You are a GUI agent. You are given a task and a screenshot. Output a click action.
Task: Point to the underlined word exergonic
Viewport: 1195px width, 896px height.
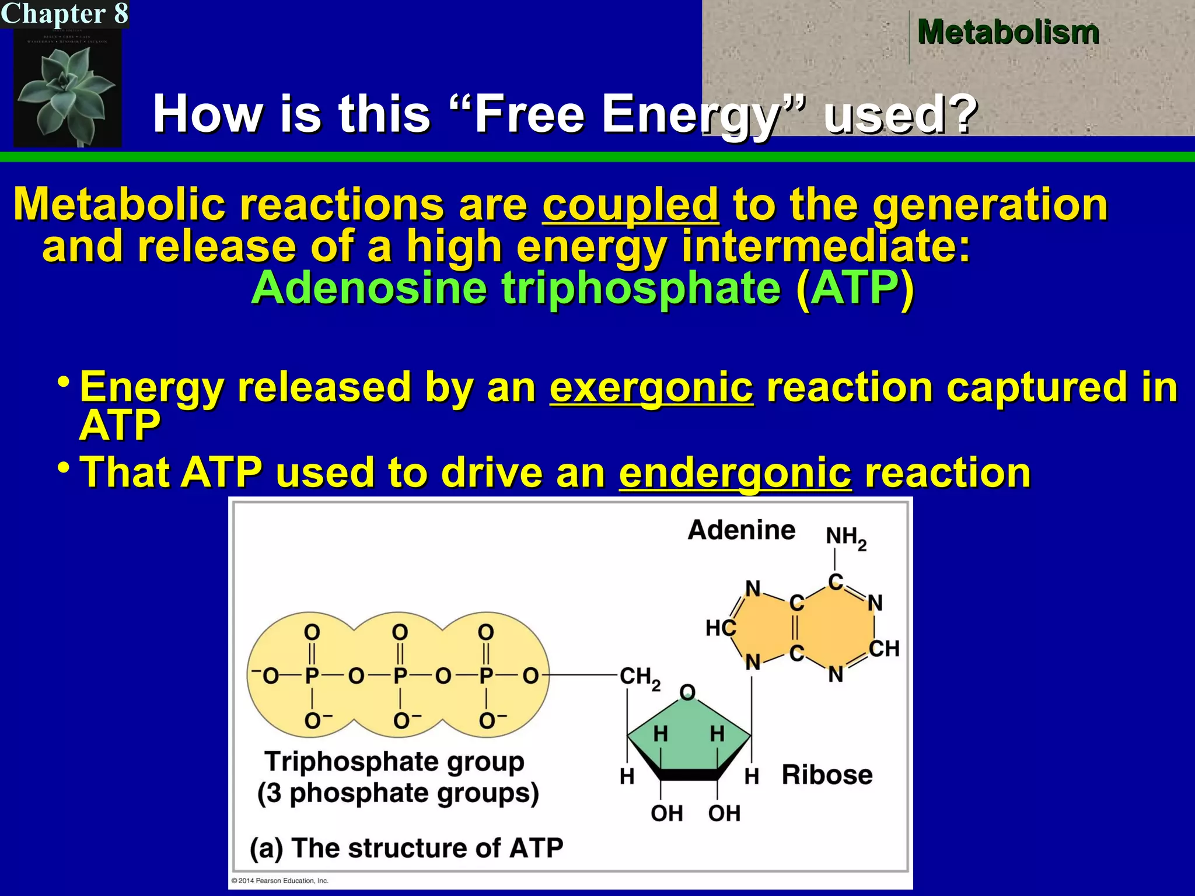(x=651, y=387)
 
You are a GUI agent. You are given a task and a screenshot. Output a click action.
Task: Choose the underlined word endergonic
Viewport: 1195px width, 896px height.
(x=735, y=473)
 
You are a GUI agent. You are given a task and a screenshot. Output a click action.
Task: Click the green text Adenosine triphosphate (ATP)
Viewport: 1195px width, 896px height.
(x=582, y=288)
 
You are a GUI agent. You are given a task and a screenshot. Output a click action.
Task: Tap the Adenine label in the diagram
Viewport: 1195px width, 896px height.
(x=741, y=530)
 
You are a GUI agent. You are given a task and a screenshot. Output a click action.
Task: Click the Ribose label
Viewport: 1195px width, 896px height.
(x=827, y=775)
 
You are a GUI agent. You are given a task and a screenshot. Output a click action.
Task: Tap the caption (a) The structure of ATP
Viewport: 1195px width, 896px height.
(x=407, y=848)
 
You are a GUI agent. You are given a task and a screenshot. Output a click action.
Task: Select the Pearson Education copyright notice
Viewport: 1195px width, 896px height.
(x=280, y=881)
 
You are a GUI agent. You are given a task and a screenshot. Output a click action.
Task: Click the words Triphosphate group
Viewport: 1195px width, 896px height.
(x=394, y=761)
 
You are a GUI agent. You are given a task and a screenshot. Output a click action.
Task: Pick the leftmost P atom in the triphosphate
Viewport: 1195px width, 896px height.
(x=312, y=676)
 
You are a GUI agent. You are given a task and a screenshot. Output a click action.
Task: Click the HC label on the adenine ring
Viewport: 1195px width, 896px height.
(x=721, y=628)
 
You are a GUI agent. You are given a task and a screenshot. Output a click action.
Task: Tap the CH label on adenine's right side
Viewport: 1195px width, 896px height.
(x=884, y=649)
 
